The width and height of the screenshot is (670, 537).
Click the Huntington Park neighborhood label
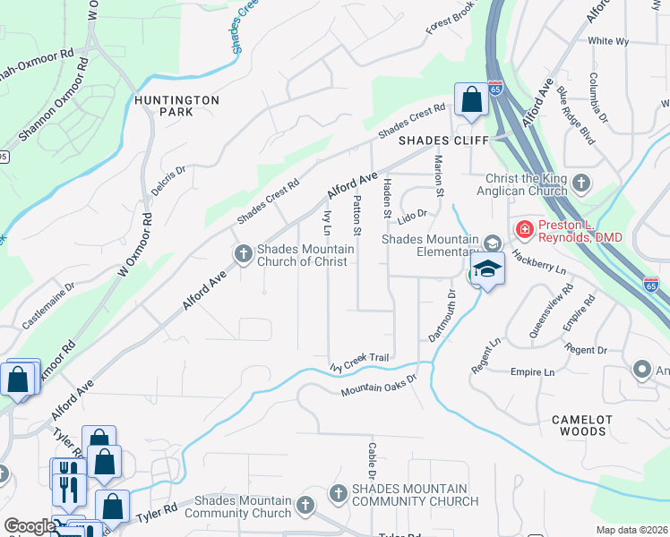coord(176,107)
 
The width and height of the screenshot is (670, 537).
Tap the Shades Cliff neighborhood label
coord(443,141)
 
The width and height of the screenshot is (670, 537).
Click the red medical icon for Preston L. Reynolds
coord(523,230)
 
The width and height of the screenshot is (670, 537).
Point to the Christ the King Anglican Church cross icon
coord(581,183)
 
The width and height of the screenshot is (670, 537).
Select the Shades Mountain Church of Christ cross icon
coord(242,254)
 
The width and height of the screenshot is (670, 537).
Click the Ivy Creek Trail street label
coord(359,361)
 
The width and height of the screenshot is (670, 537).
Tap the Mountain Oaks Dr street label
coord(379,385)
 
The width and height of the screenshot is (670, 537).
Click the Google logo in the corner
coord(30,526)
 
